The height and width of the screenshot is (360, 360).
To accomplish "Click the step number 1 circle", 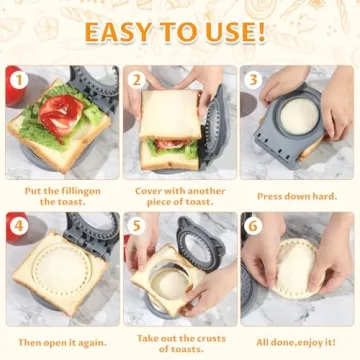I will click(17, 78).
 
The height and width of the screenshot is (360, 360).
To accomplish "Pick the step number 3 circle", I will click(254, 78).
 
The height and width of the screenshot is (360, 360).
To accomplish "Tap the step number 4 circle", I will click(17, 225).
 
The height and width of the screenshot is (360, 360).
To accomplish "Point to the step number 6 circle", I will click(254, 225).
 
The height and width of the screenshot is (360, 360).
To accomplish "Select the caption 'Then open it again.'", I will click(59, 342).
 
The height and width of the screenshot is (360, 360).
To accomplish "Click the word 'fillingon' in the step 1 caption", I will click(87, 189).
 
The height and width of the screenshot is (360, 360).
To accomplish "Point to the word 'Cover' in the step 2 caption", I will click(151, 189).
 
